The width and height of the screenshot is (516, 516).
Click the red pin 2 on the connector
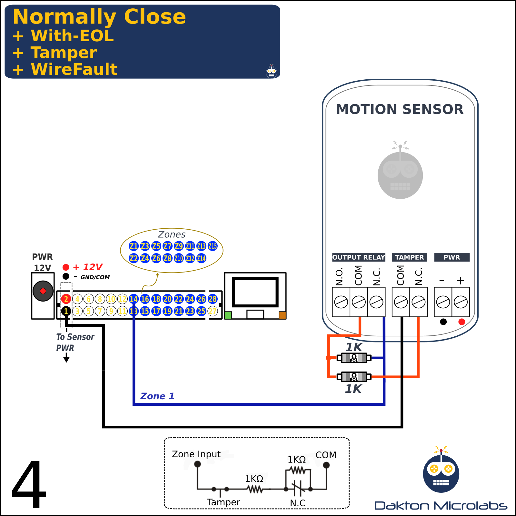coord(66,299)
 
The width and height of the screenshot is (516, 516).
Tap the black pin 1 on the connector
coord(66,311)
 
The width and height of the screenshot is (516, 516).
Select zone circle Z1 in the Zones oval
coord(134,246)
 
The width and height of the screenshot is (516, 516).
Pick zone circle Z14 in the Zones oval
coord(201,258)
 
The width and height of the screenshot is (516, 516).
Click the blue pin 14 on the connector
coord(134,299)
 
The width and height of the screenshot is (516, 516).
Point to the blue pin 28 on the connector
coord(213,299)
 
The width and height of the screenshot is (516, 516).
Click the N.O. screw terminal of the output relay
coord(341,302)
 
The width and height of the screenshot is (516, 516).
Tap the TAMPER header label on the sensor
coord(410,257)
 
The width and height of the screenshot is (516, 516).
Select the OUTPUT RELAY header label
coord(359,257)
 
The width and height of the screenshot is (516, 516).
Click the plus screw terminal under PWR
coord(461,302)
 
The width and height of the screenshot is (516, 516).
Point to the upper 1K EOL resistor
coord(354,358)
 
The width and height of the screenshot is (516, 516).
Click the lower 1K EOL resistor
coord(354,376)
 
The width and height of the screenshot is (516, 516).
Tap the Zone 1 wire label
coord(157,396)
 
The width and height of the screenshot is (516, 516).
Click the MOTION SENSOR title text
coord(400,109)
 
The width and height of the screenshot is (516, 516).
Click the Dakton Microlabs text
coord(441,505)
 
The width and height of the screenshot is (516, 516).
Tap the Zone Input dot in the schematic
coord(198,464)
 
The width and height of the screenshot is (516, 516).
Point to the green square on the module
coord(228,315)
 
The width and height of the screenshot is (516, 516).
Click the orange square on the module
coord(282,315)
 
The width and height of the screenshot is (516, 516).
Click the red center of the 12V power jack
coord(43,291)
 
